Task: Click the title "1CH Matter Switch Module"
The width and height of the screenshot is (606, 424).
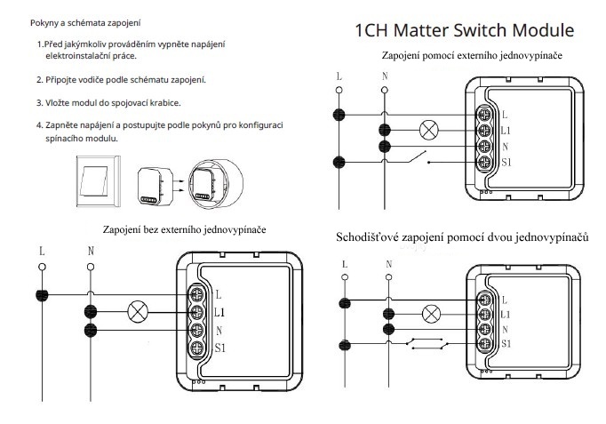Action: (463, 30)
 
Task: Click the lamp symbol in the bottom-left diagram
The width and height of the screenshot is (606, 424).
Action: (138, 311)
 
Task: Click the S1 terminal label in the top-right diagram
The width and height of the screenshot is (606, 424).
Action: (506, 163)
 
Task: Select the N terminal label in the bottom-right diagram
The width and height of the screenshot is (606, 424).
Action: (505, 329)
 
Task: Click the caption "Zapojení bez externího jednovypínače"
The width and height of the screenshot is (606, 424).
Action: (184, 229)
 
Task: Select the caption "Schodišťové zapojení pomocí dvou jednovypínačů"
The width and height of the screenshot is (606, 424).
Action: (463, 238)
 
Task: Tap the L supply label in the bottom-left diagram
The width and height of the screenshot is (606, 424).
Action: (41, 251)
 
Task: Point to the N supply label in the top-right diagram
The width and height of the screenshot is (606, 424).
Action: (384, 76)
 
